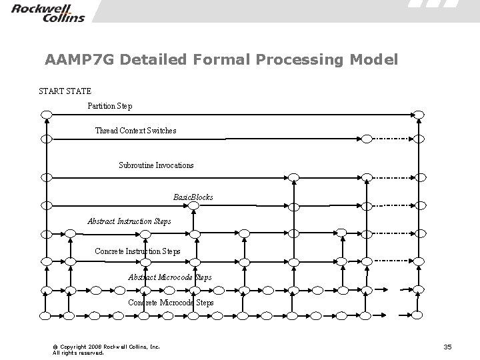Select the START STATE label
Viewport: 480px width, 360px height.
tap(65, 91)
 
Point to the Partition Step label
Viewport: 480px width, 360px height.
tap(110, 106)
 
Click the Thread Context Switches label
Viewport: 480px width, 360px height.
tap(136, 131)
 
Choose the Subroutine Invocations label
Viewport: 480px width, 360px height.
tap(156, 165)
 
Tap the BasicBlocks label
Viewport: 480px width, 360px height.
tap(193, 197)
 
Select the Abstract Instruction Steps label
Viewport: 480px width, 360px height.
tap(129, 221)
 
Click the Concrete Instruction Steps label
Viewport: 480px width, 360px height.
tap(137, 251)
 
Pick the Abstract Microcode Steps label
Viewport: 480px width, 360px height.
tap(170, 277)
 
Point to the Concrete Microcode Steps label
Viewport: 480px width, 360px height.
tap(171, 303)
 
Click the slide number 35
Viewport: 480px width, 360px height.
tap(447, 347)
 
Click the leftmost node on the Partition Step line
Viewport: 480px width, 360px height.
tap(46, 115)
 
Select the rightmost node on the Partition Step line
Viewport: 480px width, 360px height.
tap(418, 115)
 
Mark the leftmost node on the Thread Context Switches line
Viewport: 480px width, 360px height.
tap(46, 139)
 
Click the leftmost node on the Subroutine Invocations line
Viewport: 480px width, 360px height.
tap(46, 177)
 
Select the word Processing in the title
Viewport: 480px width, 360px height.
tap(296, 60)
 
